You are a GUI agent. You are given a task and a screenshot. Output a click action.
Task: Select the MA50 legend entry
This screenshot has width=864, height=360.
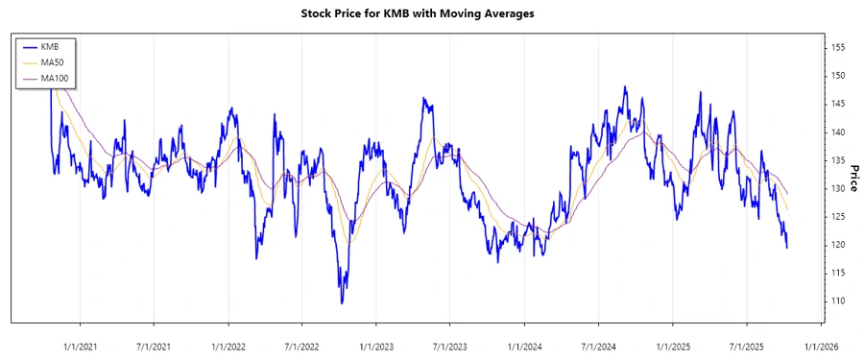pyautogui.click(x=49, y=62)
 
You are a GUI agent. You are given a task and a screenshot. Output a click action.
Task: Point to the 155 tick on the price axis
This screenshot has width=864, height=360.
pyautogui.click(x=838, y=47)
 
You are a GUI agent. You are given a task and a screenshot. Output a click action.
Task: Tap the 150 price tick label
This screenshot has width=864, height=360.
pyautogui.click(x=838, y=75)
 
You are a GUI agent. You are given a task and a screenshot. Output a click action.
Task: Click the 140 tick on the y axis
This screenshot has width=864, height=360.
pyautogui.click(x=838, y=132)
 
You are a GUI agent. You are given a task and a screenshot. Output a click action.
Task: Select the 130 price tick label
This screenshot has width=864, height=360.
pyautogui.click(x=838, y=188)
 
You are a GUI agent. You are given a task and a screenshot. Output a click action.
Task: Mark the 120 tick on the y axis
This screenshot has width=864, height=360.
pyautogui.click(x=838, y=245)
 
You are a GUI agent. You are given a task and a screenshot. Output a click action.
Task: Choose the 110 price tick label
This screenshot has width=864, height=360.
pyautogui.click(x=838, y=301)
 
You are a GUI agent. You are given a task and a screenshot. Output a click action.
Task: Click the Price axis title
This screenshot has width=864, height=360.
pyautogui.click(x=853, y=179)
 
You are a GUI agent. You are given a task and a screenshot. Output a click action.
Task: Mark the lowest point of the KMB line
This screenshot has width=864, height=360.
pyautogui.click(x=342, y=303)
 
